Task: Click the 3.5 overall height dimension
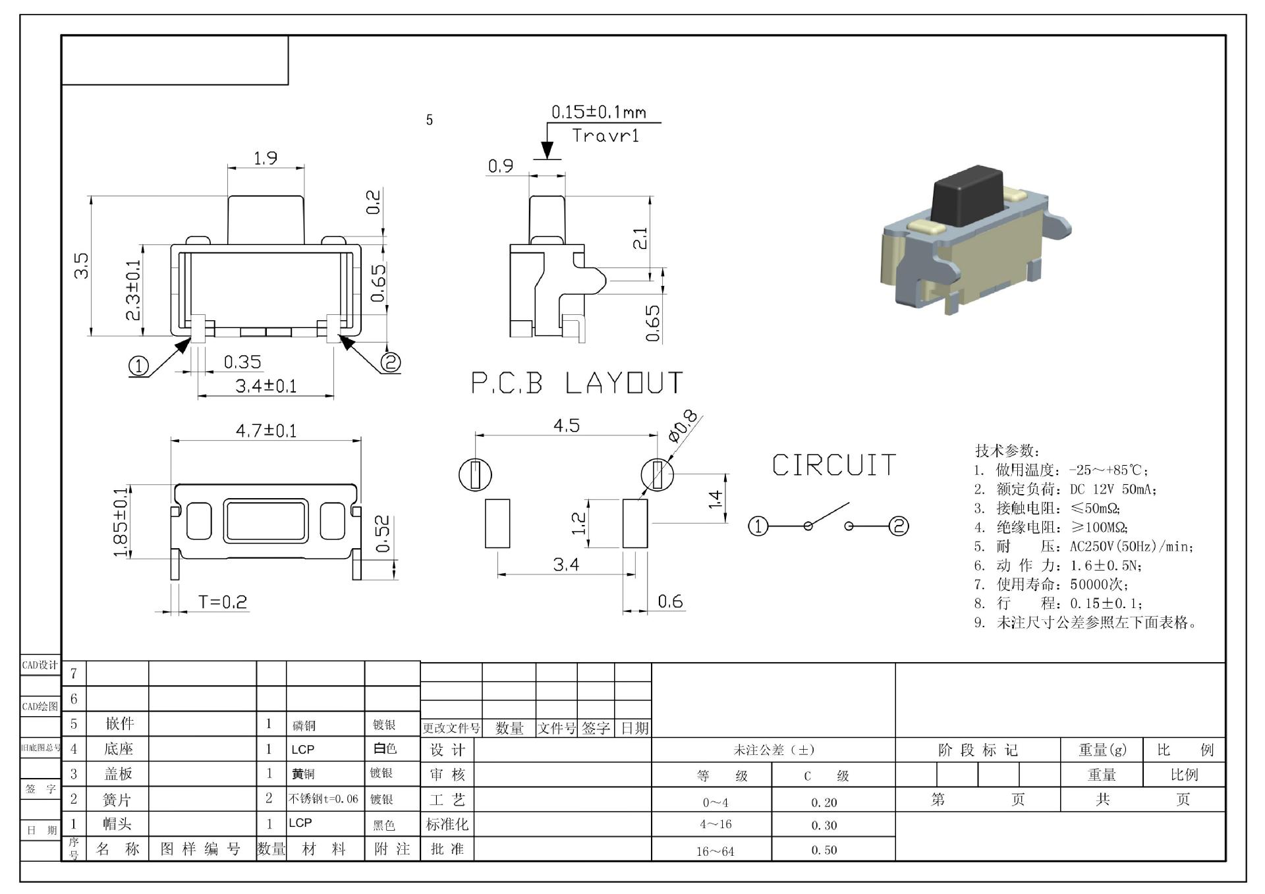tap(81, 265)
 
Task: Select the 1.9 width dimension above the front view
tap(266, 158)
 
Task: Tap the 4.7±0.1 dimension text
tap(266, 431)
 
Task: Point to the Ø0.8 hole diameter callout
tap(683, 426)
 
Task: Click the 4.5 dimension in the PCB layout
tap(566, 426)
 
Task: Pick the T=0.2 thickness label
tap(223, 602)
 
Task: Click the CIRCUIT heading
tap(833, 465)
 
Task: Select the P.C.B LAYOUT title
tap(577, 383)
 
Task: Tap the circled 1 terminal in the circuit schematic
tap(758, 526)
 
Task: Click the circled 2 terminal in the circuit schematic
tap(899, 526)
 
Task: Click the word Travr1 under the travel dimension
tap(605, 136)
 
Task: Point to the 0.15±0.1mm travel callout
tap(598, 112)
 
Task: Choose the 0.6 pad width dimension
tap(669, 601)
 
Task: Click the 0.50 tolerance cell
tap(824, 850)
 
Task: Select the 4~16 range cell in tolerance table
tap(716, 824)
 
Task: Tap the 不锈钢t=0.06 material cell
tap(323, 799)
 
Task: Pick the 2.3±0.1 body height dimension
tap(133, 290)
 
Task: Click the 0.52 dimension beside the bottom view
tap(383, 534)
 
